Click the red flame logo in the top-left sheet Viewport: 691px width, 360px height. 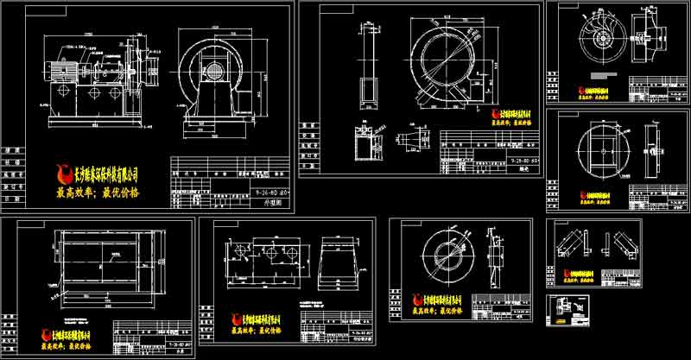pos(62,174)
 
